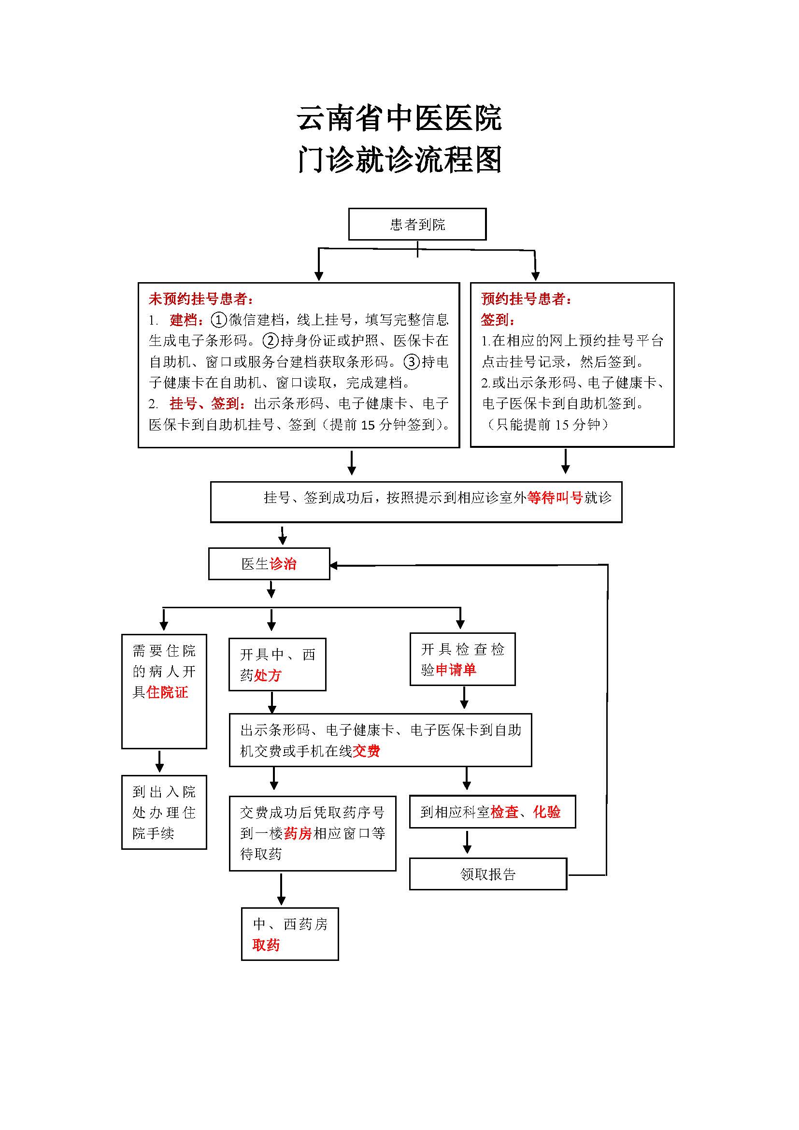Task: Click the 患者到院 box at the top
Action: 417,225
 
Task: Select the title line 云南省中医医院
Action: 399,119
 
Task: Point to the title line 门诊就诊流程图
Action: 399,160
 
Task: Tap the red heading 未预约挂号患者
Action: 201,299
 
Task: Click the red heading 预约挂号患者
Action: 526,299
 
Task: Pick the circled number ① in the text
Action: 218,320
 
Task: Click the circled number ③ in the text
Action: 411,362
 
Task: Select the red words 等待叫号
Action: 555,498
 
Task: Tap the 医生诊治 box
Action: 269,563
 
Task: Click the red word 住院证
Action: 167,692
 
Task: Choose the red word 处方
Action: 268,675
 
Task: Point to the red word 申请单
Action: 456,670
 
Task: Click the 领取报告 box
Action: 487,874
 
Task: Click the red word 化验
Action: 547,812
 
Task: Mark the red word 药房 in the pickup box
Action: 298,833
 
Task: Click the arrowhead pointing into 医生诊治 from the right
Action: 334,566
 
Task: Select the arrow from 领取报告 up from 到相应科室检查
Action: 467,843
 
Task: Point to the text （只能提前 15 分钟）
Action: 547,424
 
